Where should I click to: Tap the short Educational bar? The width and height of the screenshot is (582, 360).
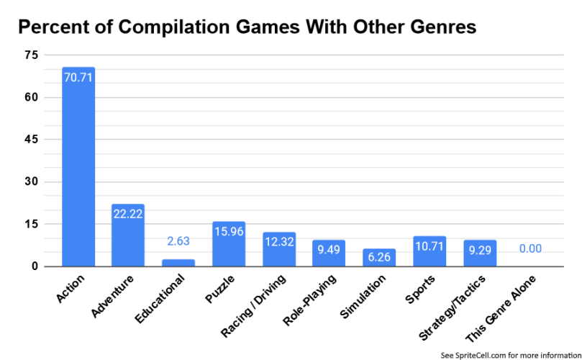click(178, 263)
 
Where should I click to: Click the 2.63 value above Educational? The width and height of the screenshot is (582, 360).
click(178, 242)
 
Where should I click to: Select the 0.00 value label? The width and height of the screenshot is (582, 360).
click(529, 249)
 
